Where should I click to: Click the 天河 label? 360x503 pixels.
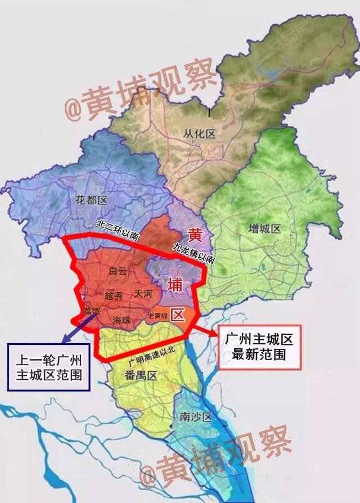click(144, 294)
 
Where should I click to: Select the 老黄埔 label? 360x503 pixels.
click(158, 316)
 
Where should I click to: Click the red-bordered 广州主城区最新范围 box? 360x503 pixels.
click(259, 347)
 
